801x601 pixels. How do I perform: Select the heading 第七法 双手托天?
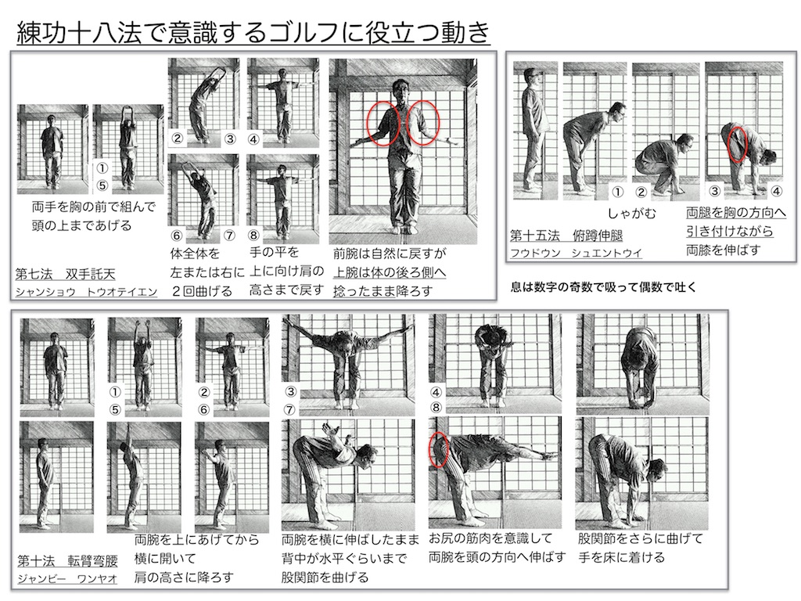coord(65,274)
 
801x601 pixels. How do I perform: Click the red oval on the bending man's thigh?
coord(736,143)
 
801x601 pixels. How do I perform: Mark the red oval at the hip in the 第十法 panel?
coord(439,450)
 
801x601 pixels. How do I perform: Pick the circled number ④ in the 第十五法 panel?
coord(776,191)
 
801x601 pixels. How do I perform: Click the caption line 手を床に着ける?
coord(622,558)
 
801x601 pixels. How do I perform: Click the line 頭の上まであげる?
coord(82,226)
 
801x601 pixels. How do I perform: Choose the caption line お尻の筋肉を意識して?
coord(491,538)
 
